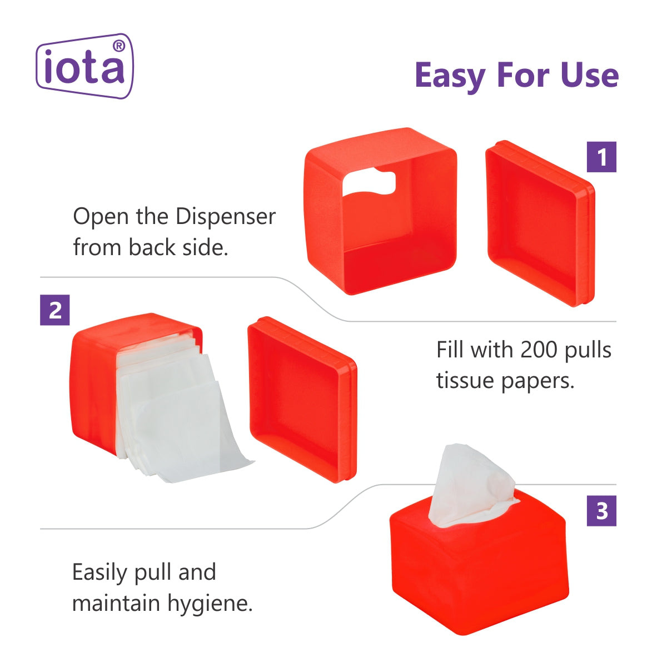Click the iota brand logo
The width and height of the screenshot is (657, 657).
coord(84,66)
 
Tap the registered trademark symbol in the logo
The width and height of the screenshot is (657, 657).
coord(119,46)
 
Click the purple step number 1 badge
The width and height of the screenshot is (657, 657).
coord(601,157)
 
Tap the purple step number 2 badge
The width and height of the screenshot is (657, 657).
coord(55,310)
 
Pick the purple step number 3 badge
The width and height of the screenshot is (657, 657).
coord(601,511)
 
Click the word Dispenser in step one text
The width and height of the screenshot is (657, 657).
coord(226,217)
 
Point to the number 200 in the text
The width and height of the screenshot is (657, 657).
coord(539,350)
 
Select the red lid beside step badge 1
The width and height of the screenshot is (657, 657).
coord(540,224)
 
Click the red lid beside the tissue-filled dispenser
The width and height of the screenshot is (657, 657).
coord(302,400)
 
